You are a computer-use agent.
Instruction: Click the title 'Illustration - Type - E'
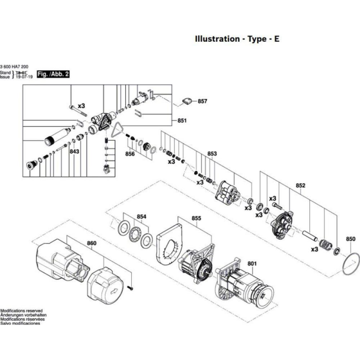coord(237,39)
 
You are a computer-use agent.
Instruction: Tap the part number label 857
coord(203,102)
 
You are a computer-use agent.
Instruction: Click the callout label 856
coord(130,154)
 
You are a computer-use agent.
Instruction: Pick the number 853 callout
coord(212,154)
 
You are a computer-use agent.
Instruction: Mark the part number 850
coord(350,239)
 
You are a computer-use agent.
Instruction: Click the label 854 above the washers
coord(141,217)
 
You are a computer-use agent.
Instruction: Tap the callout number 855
coord(196,219)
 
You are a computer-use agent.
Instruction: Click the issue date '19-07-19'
coord(23,79)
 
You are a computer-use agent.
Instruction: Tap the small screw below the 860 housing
coord(130,287)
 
